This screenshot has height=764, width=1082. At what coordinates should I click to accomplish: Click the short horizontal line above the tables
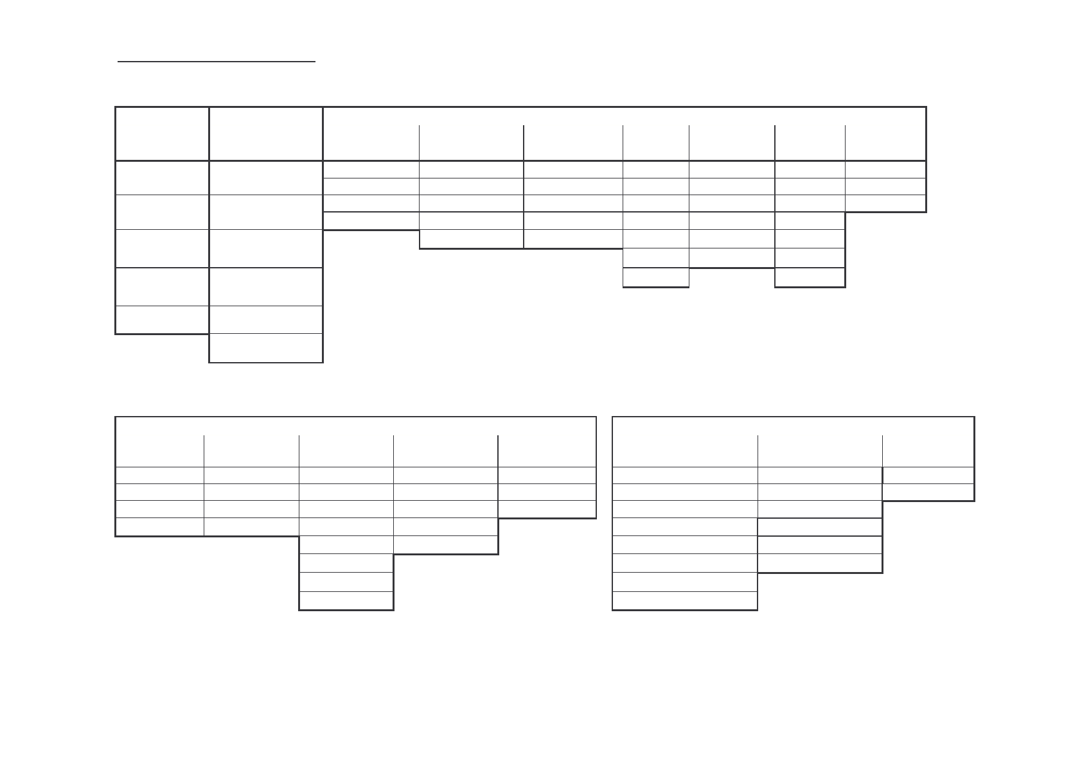pos(217,62)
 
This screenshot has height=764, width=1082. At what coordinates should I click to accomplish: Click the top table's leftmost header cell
pos(162,134)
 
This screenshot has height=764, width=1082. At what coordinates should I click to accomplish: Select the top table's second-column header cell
pos(265,134)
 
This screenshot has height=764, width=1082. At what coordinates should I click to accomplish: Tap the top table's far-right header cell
pos(885,143)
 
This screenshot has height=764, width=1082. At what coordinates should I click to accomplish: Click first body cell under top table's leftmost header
pos(162,177)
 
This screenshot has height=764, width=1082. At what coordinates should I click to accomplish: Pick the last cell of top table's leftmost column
pos(162,320)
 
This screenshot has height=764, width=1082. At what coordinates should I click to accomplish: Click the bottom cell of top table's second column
pos(265,348)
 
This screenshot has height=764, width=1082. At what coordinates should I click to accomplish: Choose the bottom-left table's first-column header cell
pos(159,451)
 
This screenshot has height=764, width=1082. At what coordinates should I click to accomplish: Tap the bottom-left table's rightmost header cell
pos(547,451)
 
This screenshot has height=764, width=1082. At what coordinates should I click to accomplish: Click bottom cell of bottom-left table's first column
pos(159,527)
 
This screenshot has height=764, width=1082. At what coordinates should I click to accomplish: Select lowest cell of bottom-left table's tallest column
pos(346,600)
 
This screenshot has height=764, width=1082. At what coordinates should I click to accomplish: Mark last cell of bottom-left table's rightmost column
pos(547,509)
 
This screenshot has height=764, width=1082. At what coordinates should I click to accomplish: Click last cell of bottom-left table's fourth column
pos(445,544)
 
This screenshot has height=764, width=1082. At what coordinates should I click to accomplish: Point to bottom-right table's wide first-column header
pos(685,451)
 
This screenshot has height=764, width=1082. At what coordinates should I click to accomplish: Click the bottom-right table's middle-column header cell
pos(820,451)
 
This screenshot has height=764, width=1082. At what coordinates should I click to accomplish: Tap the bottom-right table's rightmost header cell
pos(928,451)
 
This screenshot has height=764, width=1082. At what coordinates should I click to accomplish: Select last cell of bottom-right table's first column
pos(685,600)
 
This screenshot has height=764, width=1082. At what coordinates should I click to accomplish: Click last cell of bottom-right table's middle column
pos(820,563)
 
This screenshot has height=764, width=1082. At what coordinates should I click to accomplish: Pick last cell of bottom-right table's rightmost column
pos(928,492)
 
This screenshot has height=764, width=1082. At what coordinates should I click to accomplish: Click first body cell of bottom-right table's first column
pos(685,475)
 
